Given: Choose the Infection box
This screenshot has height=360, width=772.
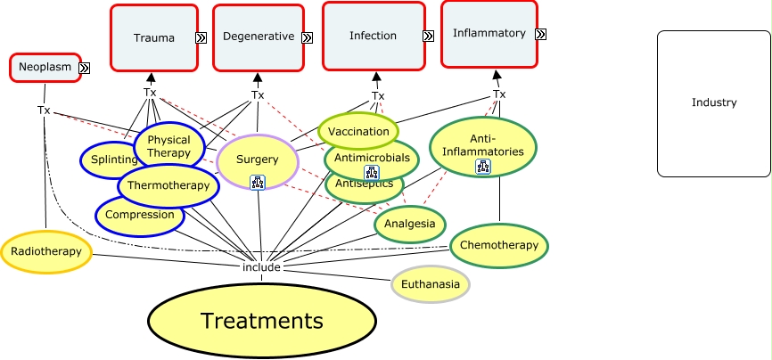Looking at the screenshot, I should click(373, 37).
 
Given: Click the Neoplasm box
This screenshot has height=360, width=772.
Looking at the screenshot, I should click(45, 68).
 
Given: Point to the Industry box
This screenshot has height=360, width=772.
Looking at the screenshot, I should click(714, 102).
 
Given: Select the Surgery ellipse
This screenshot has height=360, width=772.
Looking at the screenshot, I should click(258, 160).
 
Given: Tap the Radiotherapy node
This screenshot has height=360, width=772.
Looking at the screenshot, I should click(46, 251).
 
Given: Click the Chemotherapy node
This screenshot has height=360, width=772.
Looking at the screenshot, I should click(498, 245).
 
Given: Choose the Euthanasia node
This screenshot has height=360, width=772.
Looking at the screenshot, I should click(431, 285).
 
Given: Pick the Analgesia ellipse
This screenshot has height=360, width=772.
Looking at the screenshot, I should click(410, 224).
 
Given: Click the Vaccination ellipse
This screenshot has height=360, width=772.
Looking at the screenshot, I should click(358, 131).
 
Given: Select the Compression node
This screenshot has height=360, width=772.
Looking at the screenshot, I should click(140, 215).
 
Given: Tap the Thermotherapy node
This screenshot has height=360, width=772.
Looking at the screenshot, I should click(168, 185).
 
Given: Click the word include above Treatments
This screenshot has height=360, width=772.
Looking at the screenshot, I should click(262, 266).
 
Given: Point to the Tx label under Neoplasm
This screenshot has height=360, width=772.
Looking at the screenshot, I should click(44, 110).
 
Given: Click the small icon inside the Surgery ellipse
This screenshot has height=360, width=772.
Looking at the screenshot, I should click(259, 183).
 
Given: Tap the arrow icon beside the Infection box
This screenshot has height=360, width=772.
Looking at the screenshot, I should click(428, 37).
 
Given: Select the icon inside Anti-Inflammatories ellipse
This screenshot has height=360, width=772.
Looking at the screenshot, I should click(482, 167).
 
